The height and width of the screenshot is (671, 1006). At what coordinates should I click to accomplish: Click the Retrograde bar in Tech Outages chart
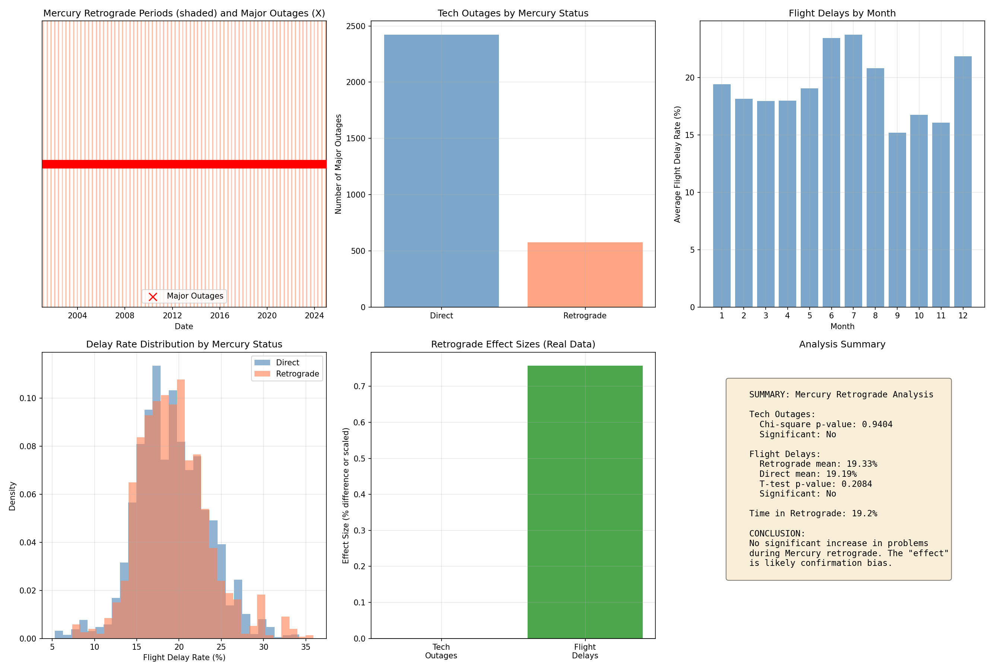[x=585, y=275]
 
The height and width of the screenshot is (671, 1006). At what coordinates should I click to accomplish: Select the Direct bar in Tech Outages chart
[x=441, y=171]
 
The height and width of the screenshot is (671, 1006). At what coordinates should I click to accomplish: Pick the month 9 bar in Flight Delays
[x=897, y=220]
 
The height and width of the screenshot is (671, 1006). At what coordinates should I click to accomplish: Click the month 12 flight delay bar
[x=963, y=182]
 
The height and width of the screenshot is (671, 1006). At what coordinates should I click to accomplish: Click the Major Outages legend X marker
[x=153, y=297]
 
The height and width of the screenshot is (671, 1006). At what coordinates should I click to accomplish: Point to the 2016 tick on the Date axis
[x=219, y=316]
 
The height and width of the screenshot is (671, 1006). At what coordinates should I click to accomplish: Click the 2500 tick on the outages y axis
[x=356, y=26]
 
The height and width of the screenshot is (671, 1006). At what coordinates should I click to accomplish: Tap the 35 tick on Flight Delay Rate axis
[x=306, y=647]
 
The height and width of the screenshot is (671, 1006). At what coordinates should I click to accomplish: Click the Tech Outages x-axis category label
[x=441, y=651]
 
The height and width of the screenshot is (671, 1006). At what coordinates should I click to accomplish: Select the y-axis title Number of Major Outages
[x=338, y=164]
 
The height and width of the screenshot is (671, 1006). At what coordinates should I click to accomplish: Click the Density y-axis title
[x=12, y=496]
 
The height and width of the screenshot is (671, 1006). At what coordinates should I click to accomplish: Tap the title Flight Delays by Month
[x=842, y=13]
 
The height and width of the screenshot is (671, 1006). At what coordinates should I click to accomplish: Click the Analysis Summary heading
[x=842, y=344]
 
